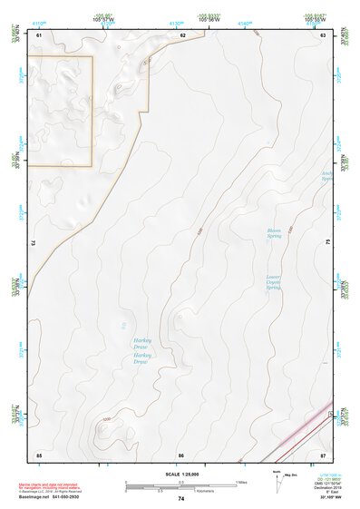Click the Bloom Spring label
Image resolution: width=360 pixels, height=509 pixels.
tap(275, 234)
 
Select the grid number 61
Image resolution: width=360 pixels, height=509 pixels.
tap(39, 35)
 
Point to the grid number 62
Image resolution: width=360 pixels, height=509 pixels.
tap(183, 35)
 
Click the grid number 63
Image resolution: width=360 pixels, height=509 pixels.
tap(323, 35)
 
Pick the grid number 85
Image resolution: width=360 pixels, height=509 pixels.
tap(39, 453)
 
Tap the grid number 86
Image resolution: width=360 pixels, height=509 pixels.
tap(181, 454)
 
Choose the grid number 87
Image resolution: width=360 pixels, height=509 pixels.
tap(323, 453)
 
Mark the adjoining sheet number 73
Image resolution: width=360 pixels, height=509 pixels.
tap(34, 243)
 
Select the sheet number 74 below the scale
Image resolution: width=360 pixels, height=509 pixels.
tap(181, 499)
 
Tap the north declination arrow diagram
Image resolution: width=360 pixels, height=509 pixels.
tap(276, 484)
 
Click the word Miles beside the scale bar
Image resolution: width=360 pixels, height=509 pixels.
tap(241, 482)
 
